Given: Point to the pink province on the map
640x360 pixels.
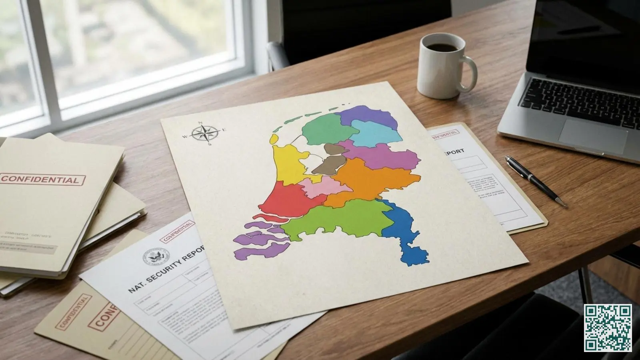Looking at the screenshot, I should [316, 188].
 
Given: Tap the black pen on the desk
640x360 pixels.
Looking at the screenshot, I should [536, 180].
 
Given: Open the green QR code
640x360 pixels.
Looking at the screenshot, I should [608, 328].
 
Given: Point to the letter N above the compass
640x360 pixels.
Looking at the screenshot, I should [201, 124].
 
